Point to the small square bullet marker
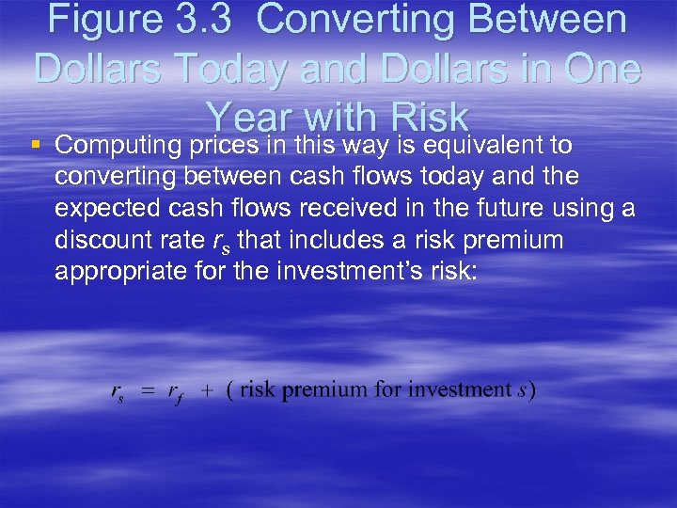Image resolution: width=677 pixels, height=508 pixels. click(x=36, y=146)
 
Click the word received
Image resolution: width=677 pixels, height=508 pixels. click(x=360, y=209)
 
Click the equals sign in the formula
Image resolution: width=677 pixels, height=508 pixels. click(x=148, y=390)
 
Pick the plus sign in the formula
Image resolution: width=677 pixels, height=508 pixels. click(x=205, y=390)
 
